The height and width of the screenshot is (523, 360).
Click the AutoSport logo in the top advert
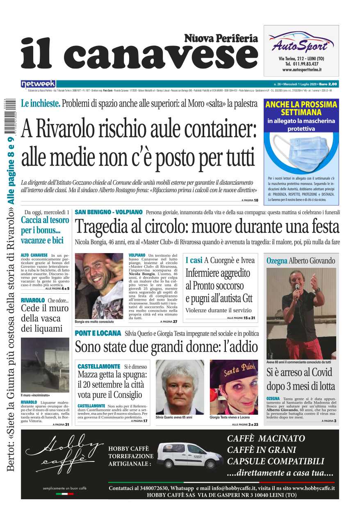tap(301, 43)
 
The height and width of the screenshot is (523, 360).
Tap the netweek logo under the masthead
tap(38, 84)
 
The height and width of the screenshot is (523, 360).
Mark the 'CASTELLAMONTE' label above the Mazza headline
tap(98, 366)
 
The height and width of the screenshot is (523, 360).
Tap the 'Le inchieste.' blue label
tap(41, 104)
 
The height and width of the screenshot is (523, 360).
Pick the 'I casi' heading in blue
tap(194, 260)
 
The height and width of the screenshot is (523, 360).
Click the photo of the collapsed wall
tap(45, 365)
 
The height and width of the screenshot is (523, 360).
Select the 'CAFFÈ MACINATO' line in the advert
tap(266, 438)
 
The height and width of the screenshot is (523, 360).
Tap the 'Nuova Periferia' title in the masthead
tap(221, 39)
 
